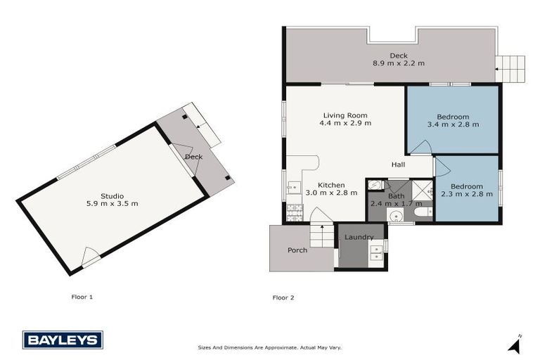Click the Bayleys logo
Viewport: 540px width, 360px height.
click(x=63, y=340)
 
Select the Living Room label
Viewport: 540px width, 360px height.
click(x=345, y=115)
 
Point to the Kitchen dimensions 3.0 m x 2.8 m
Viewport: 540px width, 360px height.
click(x=328, y=193)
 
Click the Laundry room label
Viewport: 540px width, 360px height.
click(x=359, y=237)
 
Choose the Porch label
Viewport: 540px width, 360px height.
click(x=297, y=250)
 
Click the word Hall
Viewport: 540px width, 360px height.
click(x=399, y=165)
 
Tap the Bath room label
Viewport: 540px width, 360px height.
click(x=396, y=196)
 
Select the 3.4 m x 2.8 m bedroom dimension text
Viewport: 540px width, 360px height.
click(x=453, y=124)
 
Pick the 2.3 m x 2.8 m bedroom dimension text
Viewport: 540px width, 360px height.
click(x=468, y=194)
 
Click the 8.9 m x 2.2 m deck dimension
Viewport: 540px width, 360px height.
click(x=399, y=63)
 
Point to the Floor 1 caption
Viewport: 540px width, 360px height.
click(x=82, y=297)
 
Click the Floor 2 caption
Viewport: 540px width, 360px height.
click(x=283, y=297)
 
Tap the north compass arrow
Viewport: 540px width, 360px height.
click(x=515, y=344)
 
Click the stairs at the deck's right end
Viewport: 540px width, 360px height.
click(x=510, y=69)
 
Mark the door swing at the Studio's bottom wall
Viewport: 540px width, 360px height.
click(x=89, y=257)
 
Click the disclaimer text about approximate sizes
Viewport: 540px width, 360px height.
click(x=270, y=347)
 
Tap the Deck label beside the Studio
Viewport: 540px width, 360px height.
click(x=194, y=156)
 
